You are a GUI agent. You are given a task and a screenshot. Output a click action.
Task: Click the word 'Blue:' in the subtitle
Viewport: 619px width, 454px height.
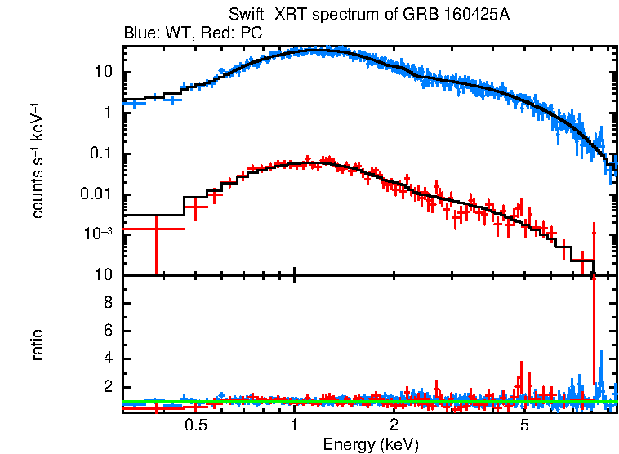point(140,33)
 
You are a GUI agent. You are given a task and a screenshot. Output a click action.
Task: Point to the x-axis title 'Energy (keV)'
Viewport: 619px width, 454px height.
point(371,444)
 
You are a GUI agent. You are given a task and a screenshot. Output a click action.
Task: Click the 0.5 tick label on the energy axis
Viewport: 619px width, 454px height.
point(196,425)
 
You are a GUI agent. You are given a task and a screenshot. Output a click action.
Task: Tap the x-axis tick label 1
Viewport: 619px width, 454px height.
point(294,425)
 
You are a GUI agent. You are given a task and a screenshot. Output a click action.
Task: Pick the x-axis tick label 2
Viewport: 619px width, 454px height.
point(394,425)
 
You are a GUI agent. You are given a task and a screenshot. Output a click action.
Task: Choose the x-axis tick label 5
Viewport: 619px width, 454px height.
point(524,425)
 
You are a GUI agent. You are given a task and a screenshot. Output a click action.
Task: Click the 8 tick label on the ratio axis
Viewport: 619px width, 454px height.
point(106,303)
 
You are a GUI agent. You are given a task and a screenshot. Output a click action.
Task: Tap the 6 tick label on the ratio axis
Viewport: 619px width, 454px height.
point(106,331)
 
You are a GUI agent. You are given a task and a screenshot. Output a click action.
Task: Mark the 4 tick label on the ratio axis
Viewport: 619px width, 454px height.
point(106,358)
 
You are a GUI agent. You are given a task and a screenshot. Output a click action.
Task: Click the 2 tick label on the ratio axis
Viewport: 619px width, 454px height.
point(106,387)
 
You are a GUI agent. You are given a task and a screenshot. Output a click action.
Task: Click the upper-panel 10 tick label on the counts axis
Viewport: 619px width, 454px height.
point(103,72)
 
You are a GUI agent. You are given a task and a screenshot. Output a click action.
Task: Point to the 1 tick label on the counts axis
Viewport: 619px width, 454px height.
point(108,113)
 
